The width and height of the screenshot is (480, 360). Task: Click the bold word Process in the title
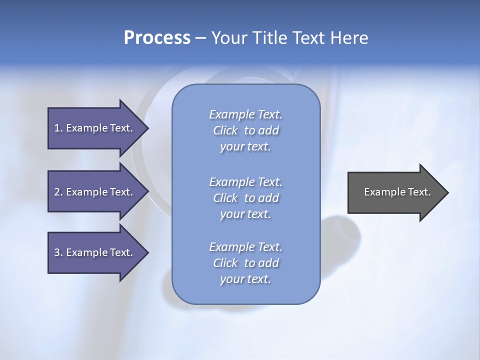(x=157, y=38)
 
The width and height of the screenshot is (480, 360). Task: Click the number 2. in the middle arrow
(x=58, y=192)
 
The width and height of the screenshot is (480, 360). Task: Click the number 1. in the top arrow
(x=58, y=128)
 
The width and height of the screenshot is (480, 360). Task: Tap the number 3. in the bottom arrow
(x=58, y=252)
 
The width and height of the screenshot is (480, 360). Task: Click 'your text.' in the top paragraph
(x=245, y=147)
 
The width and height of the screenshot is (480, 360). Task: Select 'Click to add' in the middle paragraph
(x=245, y=198)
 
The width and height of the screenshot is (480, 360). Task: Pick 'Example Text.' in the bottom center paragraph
(x=245, y=247)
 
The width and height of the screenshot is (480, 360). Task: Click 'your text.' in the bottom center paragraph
(x=245, y=279)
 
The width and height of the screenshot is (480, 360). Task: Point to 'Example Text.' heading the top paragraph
(x=245, y=114)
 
